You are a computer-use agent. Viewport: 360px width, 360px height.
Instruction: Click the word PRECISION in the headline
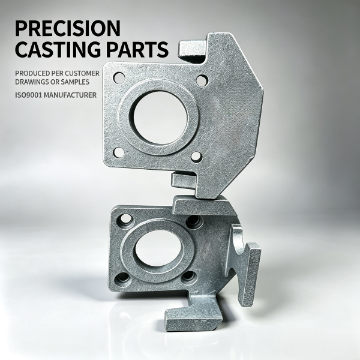click(x=68, y=28)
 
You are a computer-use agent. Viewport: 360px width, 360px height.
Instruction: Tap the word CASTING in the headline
click(x=59, y=49)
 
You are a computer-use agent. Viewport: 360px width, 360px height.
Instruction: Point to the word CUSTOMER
click(x=82, y=73)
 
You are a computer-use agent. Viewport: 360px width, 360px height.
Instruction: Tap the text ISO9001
click(x=28, y=95)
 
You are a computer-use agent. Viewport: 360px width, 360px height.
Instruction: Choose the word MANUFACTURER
click(x=70, y=95)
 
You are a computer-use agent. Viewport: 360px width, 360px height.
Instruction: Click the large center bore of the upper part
click(x=160, y=118)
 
